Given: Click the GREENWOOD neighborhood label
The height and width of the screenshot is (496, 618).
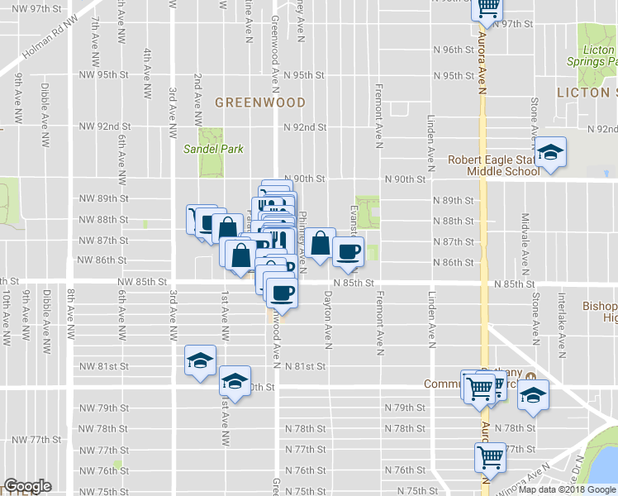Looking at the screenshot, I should point(260,103).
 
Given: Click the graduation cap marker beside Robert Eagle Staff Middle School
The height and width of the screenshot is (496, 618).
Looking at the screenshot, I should point(549,153).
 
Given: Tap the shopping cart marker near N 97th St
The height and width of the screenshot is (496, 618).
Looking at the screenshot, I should point(487,7).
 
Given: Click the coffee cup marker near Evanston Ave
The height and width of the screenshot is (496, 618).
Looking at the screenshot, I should point(348,251).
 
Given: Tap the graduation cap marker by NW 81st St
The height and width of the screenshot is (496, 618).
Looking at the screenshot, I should point(199,360).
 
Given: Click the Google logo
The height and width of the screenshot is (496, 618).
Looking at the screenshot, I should point(28,486).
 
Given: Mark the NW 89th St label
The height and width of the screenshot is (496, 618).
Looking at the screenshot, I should point(104,198).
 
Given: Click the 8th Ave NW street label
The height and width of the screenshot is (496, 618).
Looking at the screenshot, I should point(71,314).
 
